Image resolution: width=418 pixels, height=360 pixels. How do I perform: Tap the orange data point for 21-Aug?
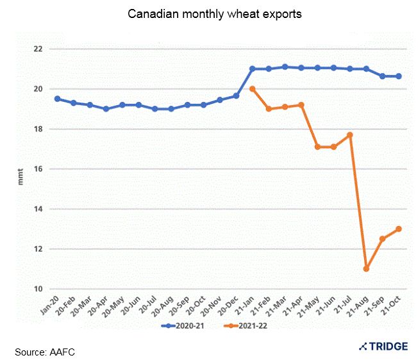[x=366, y=268]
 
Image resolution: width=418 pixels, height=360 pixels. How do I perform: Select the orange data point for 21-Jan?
[x=253, y=89]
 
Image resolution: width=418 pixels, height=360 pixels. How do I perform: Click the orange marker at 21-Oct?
[x=399, y=229]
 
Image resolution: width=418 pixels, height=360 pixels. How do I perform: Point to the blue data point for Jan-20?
[x=58, y=99]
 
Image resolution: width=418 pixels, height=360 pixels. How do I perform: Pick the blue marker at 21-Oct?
[x=399, y=76]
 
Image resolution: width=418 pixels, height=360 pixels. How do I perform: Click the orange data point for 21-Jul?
[x=350, y=135]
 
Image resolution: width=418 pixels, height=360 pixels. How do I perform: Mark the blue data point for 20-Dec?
[x=236, y=95]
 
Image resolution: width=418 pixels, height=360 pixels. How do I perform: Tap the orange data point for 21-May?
[x=317, y=147]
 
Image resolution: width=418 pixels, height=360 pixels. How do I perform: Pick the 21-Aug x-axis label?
[x=360, y=306]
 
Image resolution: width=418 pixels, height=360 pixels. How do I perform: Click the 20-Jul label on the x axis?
[x=149, y=306]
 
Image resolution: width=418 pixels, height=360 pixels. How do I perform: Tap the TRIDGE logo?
[x=383, y=346]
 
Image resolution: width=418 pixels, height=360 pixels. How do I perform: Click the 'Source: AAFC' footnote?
[x=46, y=351]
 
